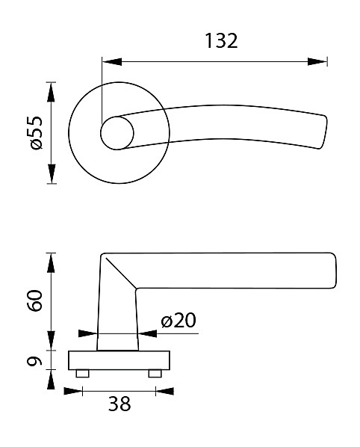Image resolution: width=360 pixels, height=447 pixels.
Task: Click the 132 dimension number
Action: [221, 41]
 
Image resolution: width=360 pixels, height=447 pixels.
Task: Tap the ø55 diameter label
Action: [36, 133]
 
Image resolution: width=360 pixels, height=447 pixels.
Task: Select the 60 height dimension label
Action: [35, 300]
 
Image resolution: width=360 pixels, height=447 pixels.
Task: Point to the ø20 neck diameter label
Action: [179, 320]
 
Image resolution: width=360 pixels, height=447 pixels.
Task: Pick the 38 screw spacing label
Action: [120, 404]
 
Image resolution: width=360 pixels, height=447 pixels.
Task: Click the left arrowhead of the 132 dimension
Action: [112, 61]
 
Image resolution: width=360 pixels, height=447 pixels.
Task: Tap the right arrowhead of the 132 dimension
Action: [317, 61]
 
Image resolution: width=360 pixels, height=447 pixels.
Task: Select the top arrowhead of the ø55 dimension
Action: [51, 92]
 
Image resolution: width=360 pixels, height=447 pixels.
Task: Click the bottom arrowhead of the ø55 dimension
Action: [51, 174]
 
